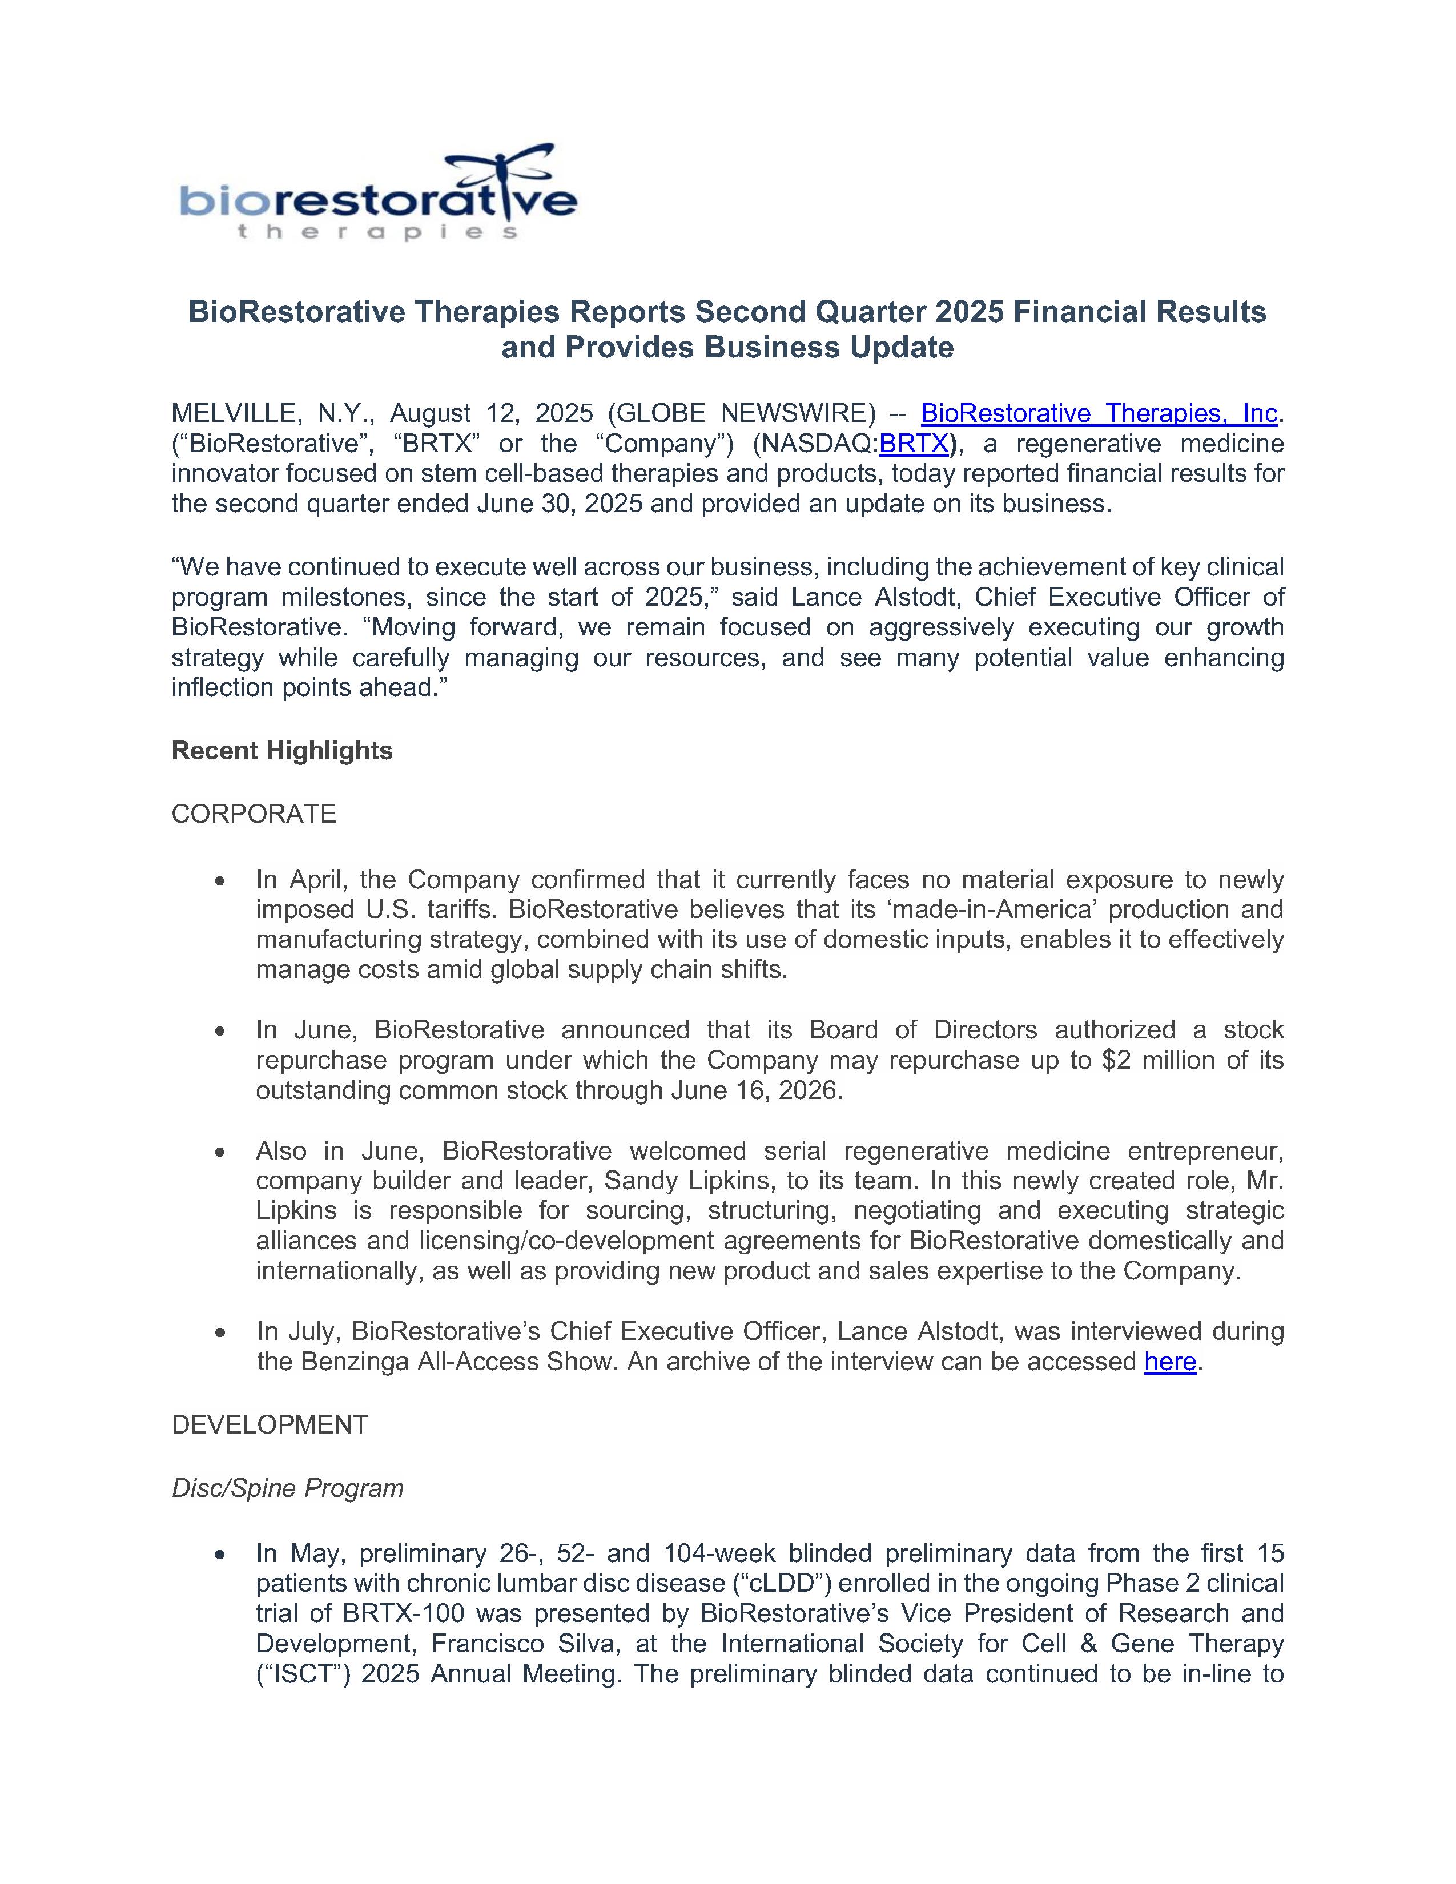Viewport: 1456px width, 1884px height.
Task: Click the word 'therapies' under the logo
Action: [x=377, y=232]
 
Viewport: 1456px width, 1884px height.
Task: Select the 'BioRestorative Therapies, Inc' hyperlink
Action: [x=1098, y=413]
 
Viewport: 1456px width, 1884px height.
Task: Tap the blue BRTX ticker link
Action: [x=914, y=444]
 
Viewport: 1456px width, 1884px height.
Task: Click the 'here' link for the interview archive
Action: [x=1169, y=1361]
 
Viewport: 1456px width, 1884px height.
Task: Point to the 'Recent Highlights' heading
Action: [x=282, y=751]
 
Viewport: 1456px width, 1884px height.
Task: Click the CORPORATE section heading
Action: [x=254, y=814]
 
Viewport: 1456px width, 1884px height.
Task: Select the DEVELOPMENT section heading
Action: [x=270, y=1424]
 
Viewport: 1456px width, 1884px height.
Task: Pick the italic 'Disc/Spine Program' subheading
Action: [x=287, y=1488]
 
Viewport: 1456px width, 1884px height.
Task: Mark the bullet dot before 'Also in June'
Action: [x=221, y=1152]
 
